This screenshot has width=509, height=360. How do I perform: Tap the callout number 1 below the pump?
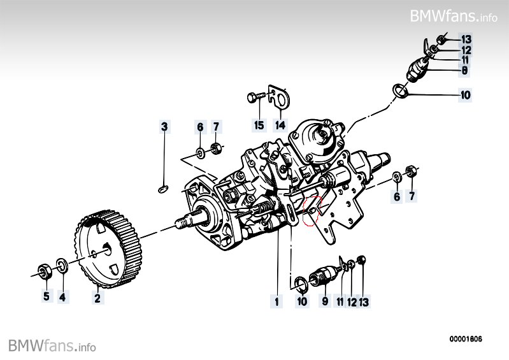(276, 300)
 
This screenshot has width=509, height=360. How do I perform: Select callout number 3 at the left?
(164, 127)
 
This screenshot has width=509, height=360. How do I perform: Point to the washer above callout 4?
(62, 264)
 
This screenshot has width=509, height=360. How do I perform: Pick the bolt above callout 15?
(254, 98)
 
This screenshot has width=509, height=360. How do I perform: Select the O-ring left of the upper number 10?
(400, 92)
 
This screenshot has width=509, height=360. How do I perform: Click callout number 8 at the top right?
(465, 70)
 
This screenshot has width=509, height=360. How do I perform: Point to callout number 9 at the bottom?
(324, 300)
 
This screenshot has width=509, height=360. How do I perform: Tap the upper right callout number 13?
(466, 39)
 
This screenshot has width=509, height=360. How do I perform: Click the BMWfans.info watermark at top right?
(454, 16)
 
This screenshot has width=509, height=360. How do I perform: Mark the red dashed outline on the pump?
(313, 211)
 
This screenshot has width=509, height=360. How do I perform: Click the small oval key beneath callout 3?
(163, 188)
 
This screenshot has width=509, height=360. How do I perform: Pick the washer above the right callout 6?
(396, 176)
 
